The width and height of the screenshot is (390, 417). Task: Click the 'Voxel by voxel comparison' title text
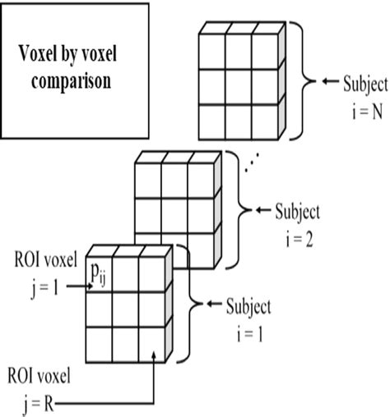pyautogui.click(x=70, y=71)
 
